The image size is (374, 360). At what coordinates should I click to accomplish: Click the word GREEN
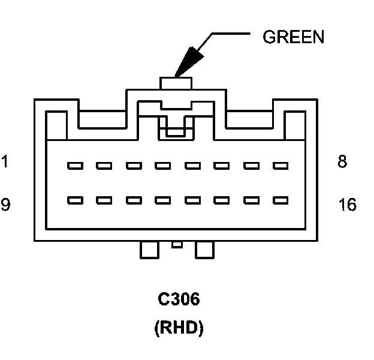(x=294, y=37)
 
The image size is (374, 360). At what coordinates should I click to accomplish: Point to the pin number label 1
(x=5, y=162)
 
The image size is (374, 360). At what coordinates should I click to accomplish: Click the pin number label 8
(x=342, y=162)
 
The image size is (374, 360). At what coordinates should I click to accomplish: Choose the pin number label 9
(x=5, y=205)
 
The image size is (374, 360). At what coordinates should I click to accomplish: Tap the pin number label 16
(x=347, y=205)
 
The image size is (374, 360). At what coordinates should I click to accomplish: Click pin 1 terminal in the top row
(x=75, y=165)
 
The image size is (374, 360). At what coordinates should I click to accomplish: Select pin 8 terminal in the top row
(x=280, y=165)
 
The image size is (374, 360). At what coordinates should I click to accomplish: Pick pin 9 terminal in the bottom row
(x=75, y=200)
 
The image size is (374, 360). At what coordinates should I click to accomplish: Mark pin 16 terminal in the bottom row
(x=280, y=200)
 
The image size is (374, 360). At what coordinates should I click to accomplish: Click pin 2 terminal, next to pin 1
(x=104, y=165)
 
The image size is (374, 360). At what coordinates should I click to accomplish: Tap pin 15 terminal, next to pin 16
(x=251, y=200)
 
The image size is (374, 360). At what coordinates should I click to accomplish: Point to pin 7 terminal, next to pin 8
(x=251, y=165)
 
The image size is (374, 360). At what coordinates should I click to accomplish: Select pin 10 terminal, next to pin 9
(x=104, y=200)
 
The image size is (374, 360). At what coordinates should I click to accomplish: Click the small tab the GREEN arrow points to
(x=176, y=83)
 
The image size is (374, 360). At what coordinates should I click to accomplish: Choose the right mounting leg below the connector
(x=204, y=250)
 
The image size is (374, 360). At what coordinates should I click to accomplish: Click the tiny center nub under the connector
(x=176, y=244)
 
